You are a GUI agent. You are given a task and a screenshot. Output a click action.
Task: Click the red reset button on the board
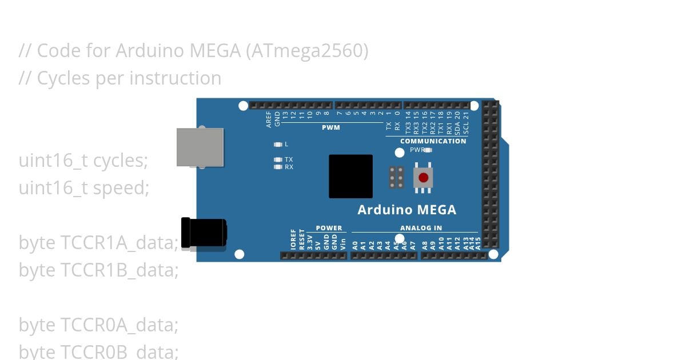423,178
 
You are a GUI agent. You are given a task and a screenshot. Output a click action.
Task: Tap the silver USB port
200,147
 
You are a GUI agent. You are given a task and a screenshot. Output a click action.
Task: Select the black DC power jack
204,233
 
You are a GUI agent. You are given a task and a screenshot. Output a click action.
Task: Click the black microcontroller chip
350,177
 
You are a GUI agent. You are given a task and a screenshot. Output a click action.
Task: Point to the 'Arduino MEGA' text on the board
406,210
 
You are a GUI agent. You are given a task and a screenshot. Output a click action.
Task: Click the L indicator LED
278,145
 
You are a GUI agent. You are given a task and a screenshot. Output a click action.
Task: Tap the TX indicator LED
278,159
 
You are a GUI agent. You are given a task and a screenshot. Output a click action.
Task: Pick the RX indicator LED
278,167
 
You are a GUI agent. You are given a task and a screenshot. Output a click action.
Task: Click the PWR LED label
416,150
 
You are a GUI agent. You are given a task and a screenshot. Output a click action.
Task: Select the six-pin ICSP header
396,178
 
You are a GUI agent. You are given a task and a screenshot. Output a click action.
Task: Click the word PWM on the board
330,127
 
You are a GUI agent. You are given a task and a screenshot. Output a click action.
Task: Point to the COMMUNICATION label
433,141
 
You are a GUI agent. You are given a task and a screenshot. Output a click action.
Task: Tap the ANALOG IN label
421,228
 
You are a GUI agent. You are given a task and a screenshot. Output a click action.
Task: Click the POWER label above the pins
329,228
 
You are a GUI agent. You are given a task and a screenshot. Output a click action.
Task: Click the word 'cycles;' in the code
120,161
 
